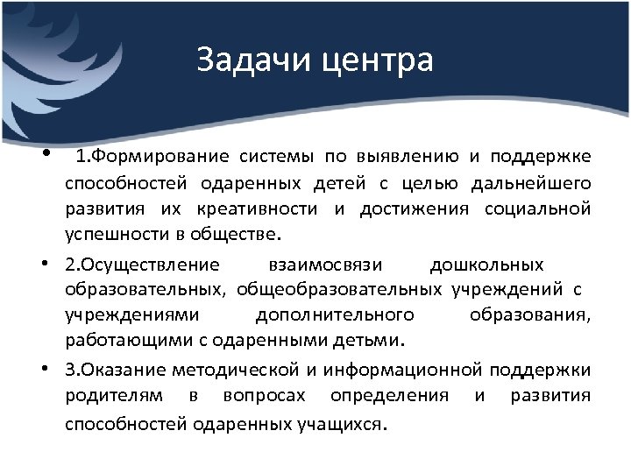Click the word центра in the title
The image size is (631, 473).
point(379,61)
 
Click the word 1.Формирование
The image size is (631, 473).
point(152,157)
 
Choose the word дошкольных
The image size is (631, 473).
point(487,265)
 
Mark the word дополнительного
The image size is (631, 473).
point(334,314)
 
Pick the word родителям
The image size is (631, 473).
point(114,395)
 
